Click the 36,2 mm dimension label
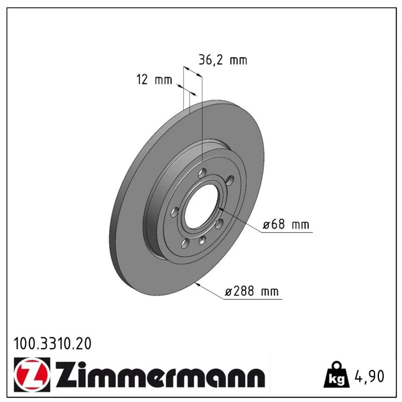[223, 60]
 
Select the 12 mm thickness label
[154, 79]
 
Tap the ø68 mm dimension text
[286, 224]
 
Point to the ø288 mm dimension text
[251, 291]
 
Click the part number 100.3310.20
[52, 344]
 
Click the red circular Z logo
[32, 374]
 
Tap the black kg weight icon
[337, 375]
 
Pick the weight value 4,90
[369, 376]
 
